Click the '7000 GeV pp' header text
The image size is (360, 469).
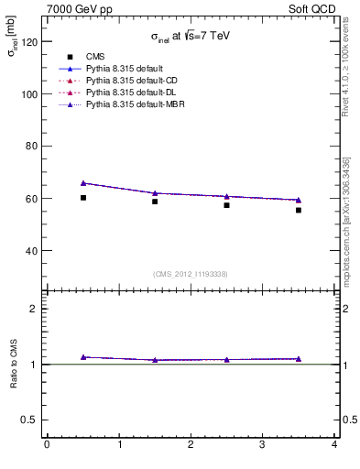(x=80, y=9)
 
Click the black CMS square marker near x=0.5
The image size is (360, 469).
(x=83, y=198)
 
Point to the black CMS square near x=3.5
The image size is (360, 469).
(x=299, y=210)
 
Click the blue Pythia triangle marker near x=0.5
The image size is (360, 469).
(x=83, y=183)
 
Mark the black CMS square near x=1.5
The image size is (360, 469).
(x=155, y=202)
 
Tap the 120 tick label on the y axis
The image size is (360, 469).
(x=27, y=42)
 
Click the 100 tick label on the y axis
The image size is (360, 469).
(x=27, y=94)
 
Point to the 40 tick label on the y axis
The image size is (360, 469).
(x=30, y=250)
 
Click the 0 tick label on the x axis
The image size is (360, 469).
(x=47, y=445)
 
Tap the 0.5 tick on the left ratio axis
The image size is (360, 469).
(x=28, y=420)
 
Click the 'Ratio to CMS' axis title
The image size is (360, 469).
(x=13, y=363)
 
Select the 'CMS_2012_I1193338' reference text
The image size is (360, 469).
(x=191, y=274)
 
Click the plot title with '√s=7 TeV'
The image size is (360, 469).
(x=191, y=38)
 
